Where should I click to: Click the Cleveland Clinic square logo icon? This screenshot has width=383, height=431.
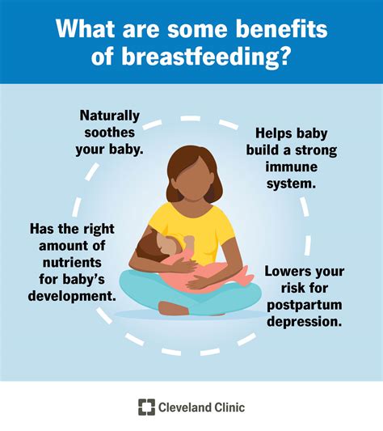tap(145, 407)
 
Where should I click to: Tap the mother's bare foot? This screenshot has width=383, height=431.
tap(174, 308)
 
